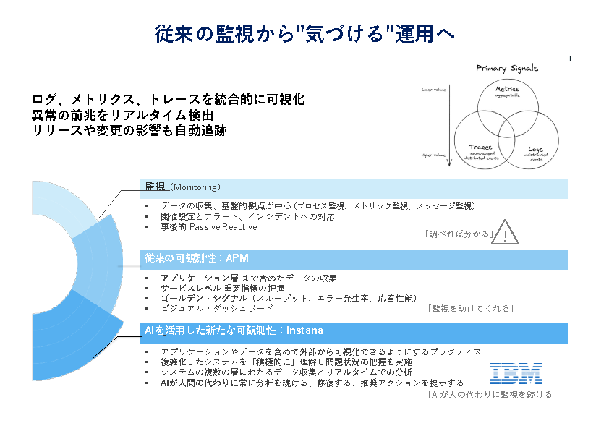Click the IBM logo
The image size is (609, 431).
pyautogui.click(x=516, y=373)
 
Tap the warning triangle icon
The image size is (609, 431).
pyautogui.click(x=506, y=232)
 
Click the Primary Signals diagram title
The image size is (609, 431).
pyautogui.click(x=506, y=69)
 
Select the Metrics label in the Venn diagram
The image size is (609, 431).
pyautogui.click(x=507, y=90)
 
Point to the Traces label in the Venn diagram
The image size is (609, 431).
pyautogui.click(x=480, y=147)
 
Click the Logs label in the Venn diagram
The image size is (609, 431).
pyautogui.click(x=535, y=149)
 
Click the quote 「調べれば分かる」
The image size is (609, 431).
pyautogui.click(x=458, y=234)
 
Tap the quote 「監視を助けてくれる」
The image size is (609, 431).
pyautogui.click(x=472, y=308)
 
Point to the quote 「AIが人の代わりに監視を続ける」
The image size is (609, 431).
pyautogui.click(x=491, y=395)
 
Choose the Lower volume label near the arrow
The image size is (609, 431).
pyautogui.click(x=433, y=90)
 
